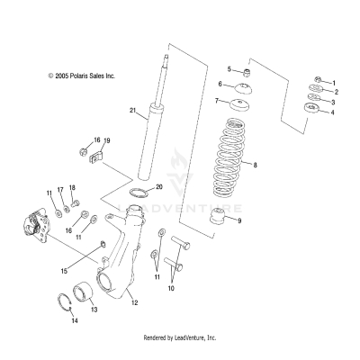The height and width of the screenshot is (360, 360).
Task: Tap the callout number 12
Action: click(x=135, y=302)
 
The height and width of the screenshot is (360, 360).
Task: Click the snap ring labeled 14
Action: click(x=65, y=303)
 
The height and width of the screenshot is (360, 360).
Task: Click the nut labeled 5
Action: click(x=247, y=73)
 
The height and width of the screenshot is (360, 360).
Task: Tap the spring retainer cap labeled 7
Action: click(x=239, y=105)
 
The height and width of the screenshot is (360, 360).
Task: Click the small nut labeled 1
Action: click(x=319, y=79)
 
